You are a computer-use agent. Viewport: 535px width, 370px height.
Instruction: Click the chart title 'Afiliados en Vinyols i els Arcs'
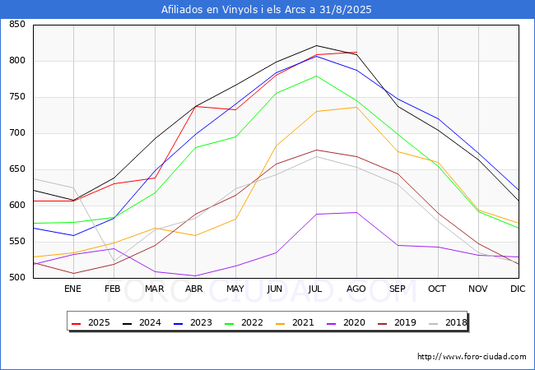[267, 10]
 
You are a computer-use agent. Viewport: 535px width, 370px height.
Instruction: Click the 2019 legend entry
[398, 322]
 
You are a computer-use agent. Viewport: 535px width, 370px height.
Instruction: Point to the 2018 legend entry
[447, 322]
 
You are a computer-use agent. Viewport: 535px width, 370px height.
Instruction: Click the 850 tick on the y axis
[16, 25]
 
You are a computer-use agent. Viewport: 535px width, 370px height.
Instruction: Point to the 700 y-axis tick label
[16, 133]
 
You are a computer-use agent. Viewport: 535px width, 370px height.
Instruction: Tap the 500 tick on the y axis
[16, 278]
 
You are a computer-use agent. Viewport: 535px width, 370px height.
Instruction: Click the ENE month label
[73, 289]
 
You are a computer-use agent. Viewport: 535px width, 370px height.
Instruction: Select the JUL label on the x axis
[316, 289]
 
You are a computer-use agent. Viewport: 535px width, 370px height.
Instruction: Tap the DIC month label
[518, 289]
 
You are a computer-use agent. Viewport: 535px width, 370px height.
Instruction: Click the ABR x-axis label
[195, 289]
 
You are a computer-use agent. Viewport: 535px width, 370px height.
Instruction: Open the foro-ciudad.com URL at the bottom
[472, 357]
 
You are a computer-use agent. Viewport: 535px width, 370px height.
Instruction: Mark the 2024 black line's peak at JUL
[316, 45]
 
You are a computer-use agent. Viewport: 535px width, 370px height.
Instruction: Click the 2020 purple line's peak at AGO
[356, 212]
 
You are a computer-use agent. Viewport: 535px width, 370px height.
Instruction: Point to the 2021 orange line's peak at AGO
[356, 107]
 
